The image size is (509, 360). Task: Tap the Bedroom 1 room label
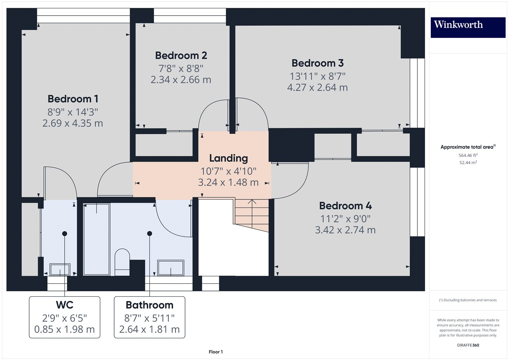click(x=73, y=99)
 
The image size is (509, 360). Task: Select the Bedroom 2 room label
click(x=181, y=56)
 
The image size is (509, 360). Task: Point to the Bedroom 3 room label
click(x=317, y=63)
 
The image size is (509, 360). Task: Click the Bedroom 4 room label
click(x=345, y=206)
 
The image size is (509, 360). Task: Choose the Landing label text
click(x=228, y=158)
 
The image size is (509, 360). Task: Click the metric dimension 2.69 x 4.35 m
click(x=73, y=123)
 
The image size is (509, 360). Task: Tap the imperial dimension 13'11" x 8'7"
click(x=317, y=76)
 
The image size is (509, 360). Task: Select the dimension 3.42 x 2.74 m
click(x=345, y=230)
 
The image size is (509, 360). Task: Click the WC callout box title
click(x=64, y=305)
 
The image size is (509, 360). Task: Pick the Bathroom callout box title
click(x=149, y=305)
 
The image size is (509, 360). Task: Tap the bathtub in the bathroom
click(x=96, y=239)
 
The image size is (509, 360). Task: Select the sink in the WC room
click(x=60, y=269)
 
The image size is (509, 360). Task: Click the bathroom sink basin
click(x=171, y=268)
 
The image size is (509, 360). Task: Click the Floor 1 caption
click(x=216, y=352)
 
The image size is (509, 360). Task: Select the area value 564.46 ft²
click(x=468, y=155)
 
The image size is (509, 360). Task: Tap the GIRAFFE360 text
click(x=468, y=345)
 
